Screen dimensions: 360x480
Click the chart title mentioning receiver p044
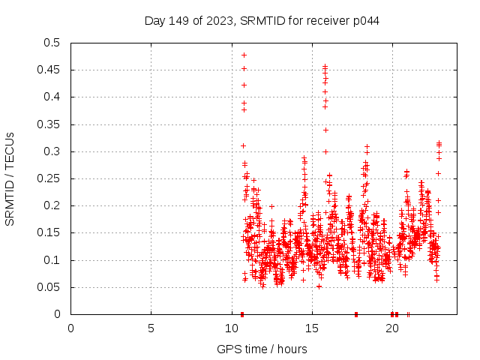click(262, 21)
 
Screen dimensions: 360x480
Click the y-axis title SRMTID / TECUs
click(10, 179)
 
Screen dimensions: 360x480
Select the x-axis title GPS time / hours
click(262, 349)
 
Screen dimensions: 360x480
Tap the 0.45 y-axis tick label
click(52, 70)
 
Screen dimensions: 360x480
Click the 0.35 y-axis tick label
click(52, 124)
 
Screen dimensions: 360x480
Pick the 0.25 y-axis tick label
click(52, 178)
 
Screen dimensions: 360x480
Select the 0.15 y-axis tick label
click(52, 233)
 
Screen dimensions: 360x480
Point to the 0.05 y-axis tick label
click(52, 287)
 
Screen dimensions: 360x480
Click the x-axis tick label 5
click(151, 328)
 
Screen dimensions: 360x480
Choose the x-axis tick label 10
click(231, 328)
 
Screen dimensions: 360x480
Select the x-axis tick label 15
click(311, 328)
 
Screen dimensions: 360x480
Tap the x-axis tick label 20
click(391, 328)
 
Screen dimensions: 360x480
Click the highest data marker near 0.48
click(244, 55)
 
